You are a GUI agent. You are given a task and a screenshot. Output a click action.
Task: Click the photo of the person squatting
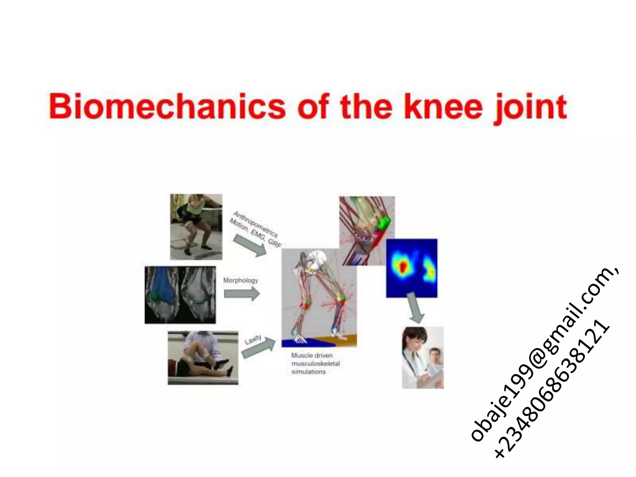tap(196, 227)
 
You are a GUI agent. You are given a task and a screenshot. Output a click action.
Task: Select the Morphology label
tap(241, 280)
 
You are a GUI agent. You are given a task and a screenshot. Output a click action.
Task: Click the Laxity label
tap(253, 340)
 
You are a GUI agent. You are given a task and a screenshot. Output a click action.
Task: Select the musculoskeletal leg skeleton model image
tap(319, 298)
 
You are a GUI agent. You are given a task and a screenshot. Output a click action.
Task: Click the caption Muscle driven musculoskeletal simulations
tap(315, 363)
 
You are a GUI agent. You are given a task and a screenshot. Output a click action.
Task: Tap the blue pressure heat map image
tap(411, 268)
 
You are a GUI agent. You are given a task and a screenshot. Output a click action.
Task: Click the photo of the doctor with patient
tap(423, 357)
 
